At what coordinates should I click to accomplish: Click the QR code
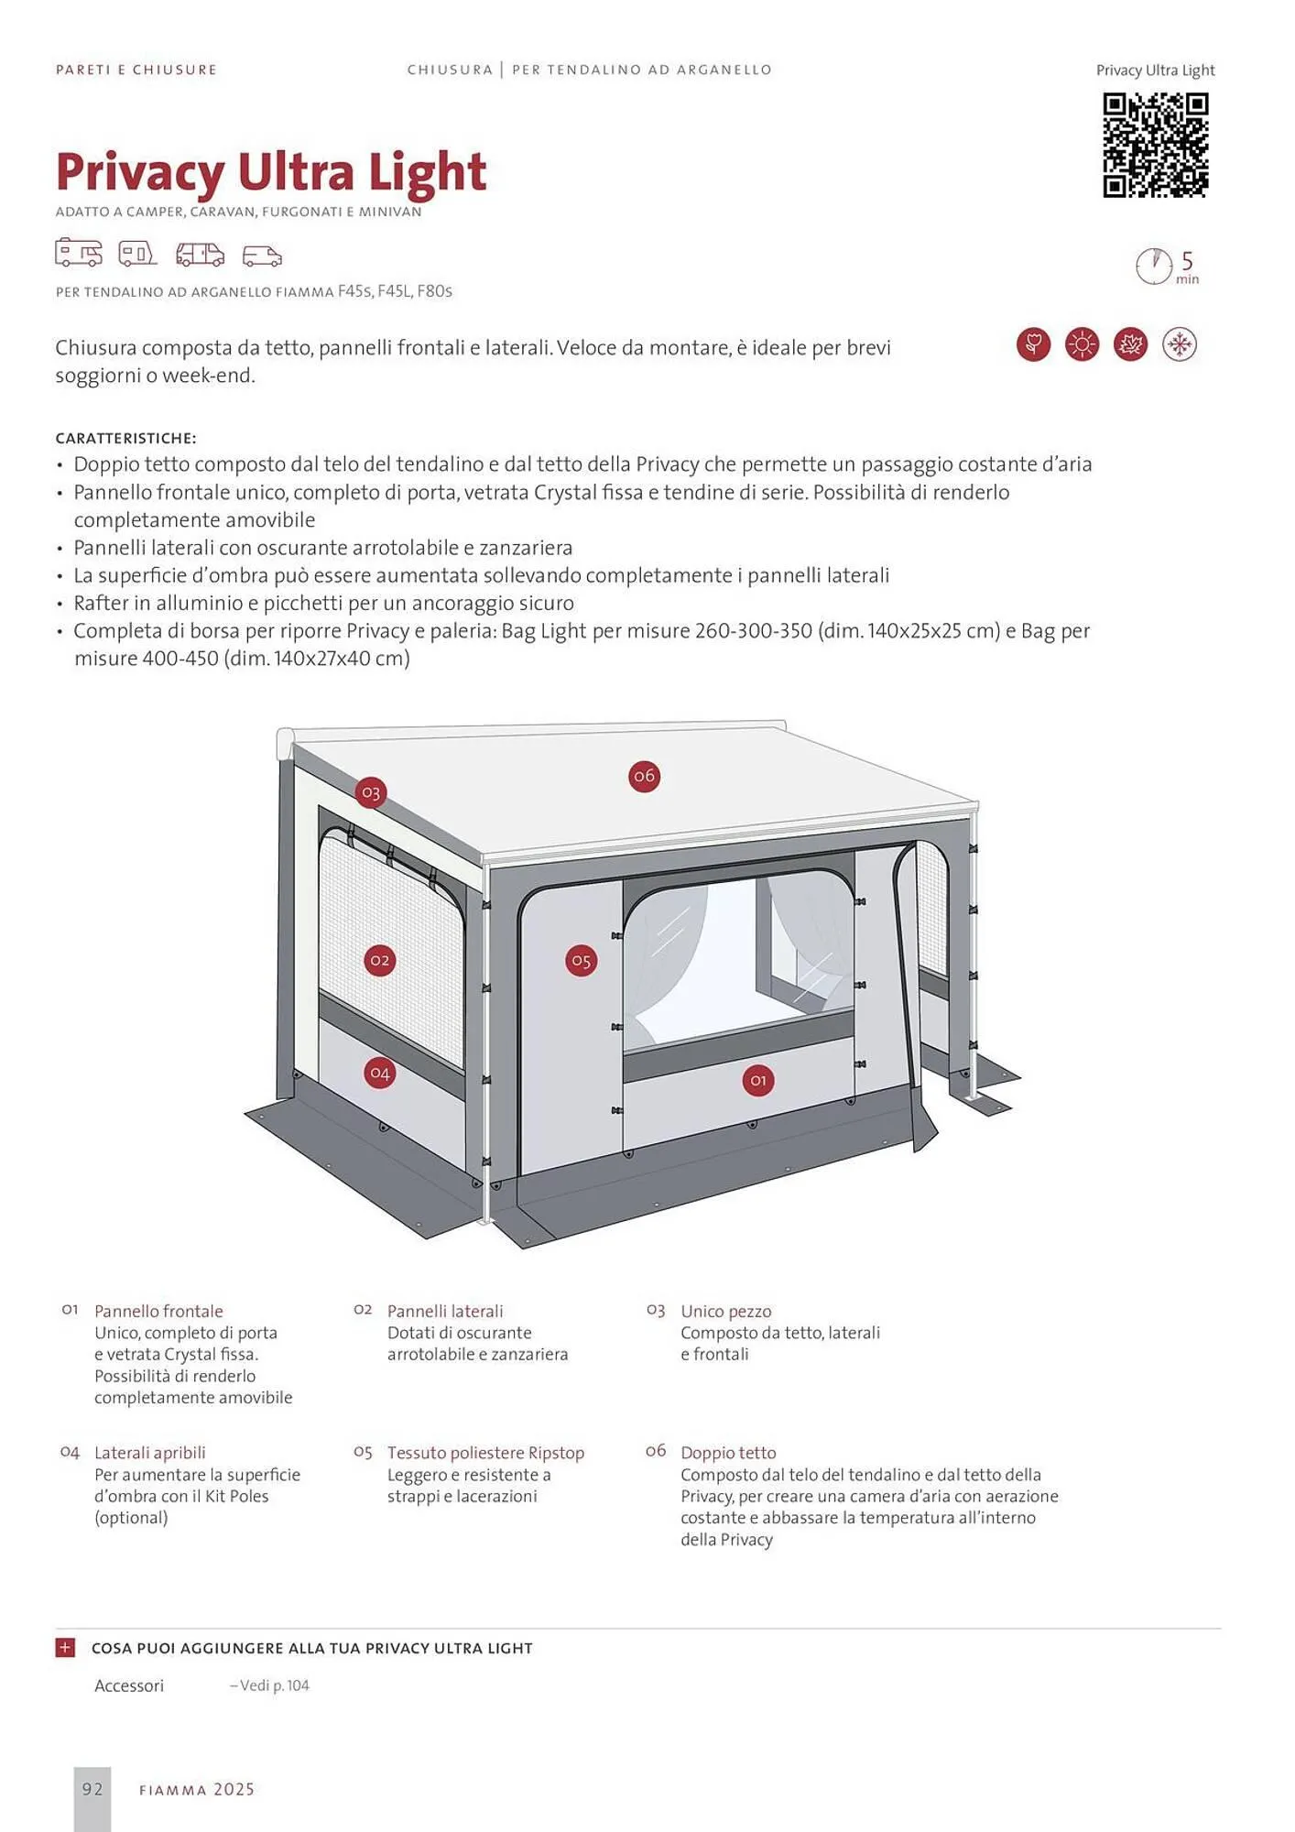(1155, 145)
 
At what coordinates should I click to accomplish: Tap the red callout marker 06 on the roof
(644, 777)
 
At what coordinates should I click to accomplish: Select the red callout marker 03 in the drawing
(370, 792)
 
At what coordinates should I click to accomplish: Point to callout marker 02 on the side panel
(379, 961)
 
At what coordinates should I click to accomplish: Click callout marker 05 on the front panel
(581, 961)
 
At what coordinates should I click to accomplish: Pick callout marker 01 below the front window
(757, 1081)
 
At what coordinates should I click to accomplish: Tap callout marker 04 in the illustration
(379, 1073)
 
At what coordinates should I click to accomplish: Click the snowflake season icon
(1179, 345)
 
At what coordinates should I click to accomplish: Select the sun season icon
(1082, 345)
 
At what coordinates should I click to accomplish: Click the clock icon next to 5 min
(1153, 267)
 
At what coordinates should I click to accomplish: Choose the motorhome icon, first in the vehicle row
(79, 253)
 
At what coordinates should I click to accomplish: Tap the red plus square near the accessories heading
(65, 1648)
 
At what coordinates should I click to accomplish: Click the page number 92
(92, 1789)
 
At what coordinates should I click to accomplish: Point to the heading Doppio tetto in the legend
(728, 1453)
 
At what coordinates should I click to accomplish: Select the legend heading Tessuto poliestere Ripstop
(485, 1453)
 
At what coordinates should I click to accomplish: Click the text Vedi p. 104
(270, 1685)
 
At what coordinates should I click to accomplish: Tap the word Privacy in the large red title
(139, 171)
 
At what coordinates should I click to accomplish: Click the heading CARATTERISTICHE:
(125, 439)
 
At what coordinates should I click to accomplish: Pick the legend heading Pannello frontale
(158, 1311)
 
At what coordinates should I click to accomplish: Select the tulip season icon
(1033, 345)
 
